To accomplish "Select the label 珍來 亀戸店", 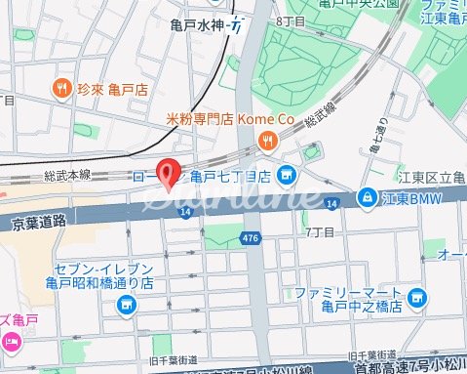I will (x=114, y=87).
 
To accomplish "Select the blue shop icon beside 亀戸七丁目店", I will (x=286, y=177).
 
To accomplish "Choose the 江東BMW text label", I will (x=412, y=198).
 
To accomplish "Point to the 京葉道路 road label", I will (x=38, y=222).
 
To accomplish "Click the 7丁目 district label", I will (x=321, y=232).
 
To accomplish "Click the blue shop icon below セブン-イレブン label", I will (x=127, y=307).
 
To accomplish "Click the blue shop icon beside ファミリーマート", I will (x=417, y=296).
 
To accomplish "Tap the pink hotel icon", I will (x=11, y=341).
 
